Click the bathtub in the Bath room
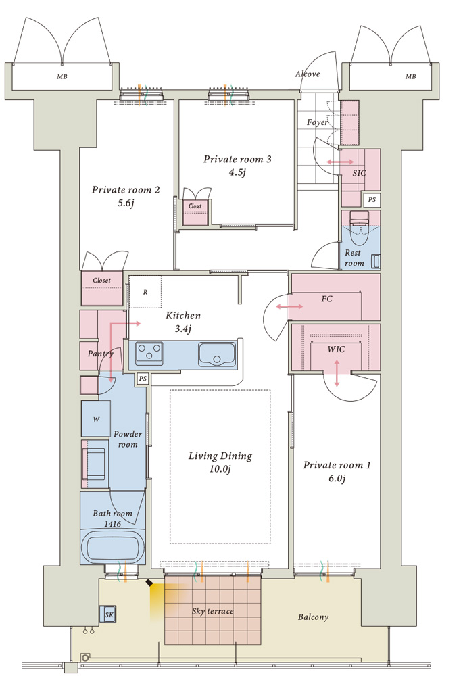click(x=113, y=547)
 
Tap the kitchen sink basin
click(x=217, y=354)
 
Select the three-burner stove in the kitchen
click(x=149, y=354)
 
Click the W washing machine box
click(x=96, y=418)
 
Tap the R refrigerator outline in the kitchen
click(x=145, y=292)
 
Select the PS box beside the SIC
click(x=372, y=199)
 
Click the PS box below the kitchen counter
click(x=142, y=379)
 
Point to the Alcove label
click(x=308, y=74)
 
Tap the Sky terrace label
click(x=212, y=611)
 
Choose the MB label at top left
click(x=62, y=77)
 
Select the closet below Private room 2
click(x=102, y=288)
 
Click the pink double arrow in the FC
click(x=289, y=306)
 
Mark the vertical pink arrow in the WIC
click(x=337, y=372)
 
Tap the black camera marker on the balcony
click(x=149, y=583)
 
